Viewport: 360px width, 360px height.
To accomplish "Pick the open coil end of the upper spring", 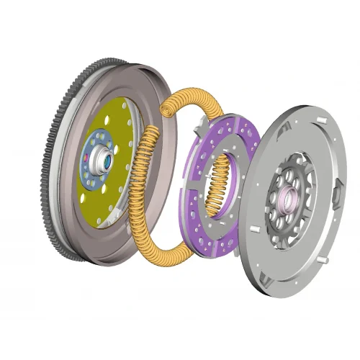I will [x=166, y=109].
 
